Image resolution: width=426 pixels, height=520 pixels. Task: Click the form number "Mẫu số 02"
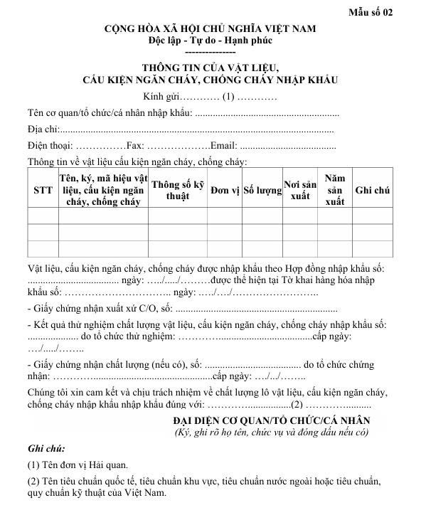[390, 12]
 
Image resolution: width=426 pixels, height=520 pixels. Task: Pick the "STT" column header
[43, 191]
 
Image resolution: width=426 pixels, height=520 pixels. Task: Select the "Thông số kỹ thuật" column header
[177, 190]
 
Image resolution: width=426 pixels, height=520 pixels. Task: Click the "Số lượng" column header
[262, 191]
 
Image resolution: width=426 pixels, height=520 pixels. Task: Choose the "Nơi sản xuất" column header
[300, 190]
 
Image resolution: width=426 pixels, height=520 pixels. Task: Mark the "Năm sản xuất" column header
[334, 190]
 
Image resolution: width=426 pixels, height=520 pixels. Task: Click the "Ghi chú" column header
[373, 191]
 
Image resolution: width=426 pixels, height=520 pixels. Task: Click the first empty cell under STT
[43, 216]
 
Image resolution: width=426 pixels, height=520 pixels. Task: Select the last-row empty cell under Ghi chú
[373, 248]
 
